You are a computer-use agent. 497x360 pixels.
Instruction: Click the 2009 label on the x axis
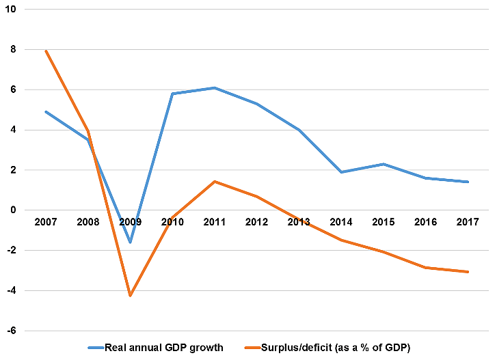coord(130,222)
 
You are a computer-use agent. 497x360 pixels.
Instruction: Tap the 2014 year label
coord(341,222)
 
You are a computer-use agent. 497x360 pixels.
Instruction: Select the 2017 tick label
coord(468,222)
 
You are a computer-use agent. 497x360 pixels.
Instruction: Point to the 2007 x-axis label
coord(46,222)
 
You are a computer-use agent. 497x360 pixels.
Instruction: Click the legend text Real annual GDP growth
coord(164,348)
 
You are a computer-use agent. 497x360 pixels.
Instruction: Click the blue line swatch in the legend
coord(95,348)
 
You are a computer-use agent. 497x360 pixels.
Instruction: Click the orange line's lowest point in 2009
coord(130,295)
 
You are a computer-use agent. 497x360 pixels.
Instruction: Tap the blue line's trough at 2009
coord(130,242)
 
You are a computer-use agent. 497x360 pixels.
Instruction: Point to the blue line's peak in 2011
coord(215,87)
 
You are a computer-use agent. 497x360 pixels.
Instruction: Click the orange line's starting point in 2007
coord(46,51)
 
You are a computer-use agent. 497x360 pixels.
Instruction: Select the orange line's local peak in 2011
coord(215,182)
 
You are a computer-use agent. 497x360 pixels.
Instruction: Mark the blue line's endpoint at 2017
coord(468,182)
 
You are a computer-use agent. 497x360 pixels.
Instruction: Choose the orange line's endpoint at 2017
coord(468,272)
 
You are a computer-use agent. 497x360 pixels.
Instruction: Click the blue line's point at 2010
coord(172,94)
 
